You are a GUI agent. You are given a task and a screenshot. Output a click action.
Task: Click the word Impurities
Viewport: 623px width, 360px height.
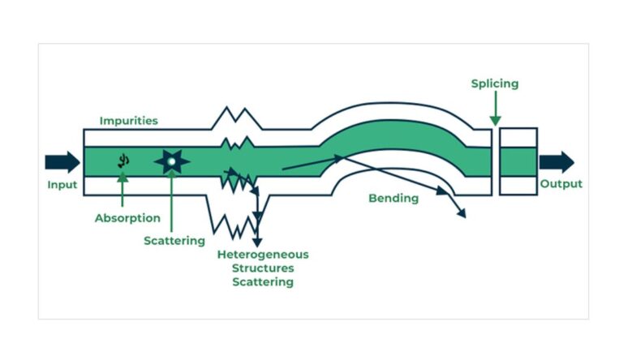pyautogui.click(x=128, y=121)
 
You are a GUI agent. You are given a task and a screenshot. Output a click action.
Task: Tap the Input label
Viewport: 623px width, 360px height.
pyautogui.click(x=62, y=185)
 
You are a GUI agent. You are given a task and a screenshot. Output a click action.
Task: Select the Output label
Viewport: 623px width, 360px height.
pyautogui.click(x=561, y=184)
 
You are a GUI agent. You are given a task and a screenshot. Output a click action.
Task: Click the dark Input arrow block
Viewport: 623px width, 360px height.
pyautogui.click(x=62, y=161)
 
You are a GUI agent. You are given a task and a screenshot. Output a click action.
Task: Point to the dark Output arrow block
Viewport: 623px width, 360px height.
pyautogui.click(x=556, y=161)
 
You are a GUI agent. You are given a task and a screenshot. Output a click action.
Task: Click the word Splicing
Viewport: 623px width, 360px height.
pyautogui.click(x=494, y=84)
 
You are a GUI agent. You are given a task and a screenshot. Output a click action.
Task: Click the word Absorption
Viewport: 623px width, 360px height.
pyautogui.click(x=127, y=218)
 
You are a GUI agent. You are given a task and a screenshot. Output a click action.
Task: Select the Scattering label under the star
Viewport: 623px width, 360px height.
pyautogui.click(x=174, y=241)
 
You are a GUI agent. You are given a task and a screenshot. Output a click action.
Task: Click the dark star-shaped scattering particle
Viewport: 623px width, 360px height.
pyautogui.click(x=171, y=162)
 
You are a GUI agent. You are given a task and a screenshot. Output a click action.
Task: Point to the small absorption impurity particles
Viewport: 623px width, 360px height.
pyautogui.click(x=123, y=161)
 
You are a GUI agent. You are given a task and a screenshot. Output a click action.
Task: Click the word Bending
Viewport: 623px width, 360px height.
pyautogui.click(x=393, y=198)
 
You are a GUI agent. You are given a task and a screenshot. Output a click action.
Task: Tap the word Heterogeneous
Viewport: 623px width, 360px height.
pyautogui.click(x=263, y=255)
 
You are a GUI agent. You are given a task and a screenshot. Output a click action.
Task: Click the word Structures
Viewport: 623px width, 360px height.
pyautogui.click(x=263, y=268)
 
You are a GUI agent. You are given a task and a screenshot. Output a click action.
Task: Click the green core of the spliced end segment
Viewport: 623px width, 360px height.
pyautogui.click(x=518, y=161)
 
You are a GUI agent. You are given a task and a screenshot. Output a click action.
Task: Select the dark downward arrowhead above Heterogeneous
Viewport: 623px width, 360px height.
pyautogui.click(x=258, y=240)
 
